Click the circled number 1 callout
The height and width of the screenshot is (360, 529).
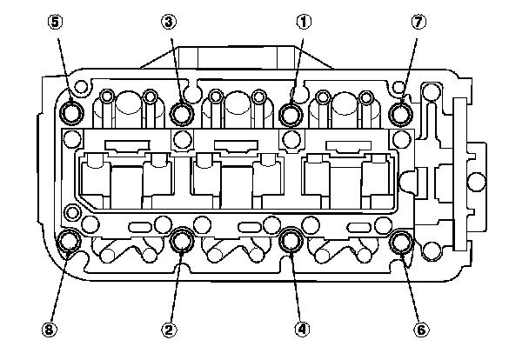303,23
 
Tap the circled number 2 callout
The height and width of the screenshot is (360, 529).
171,329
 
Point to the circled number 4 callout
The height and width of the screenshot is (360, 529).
302,329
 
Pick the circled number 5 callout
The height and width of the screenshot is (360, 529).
55,23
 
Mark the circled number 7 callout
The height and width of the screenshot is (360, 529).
419,23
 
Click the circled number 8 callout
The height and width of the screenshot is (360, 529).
50,329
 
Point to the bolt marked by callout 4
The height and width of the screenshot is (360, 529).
292,240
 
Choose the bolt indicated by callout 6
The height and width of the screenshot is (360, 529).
402,240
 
